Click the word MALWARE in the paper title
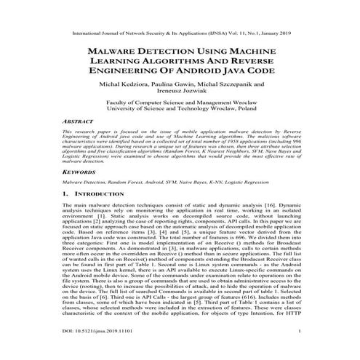(115, 53)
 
